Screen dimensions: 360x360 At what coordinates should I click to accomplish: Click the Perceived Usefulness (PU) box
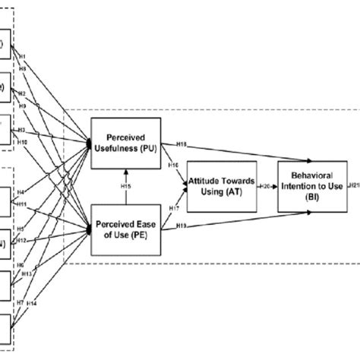coord(125,140)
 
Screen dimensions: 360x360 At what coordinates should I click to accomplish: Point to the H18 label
coord(181,143)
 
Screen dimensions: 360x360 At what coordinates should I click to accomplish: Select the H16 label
coord(174,164)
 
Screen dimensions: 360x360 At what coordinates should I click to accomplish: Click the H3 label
coord(22,130)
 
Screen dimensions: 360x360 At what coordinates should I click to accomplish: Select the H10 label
coord(23,143)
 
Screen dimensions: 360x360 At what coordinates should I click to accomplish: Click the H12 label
coord(24,240)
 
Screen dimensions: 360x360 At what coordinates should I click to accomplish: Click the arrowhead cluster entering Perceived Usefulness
coord(90,141)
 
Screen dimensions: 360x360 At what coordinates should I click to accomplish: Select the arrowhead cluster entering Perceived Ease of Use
coord(90,226)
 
